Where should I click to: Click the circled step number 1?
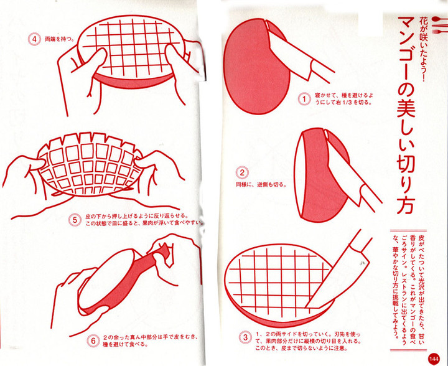coord(304,99)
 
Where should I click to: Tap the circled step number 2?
coord(242,172)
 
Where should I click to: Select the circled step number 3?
coord(245,337)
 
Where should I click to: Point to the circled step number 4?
coord(35,39)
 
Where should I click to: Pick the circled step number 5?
coord(75,220)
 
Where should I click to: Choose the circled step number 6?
coord(93,341)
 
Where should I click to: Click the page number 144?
coord(434,358)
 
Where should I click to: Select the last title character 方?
coord(406,204)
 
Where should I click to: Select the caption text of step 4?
coord(59,39)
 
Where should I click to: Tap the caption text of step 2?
coord(261,185)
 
